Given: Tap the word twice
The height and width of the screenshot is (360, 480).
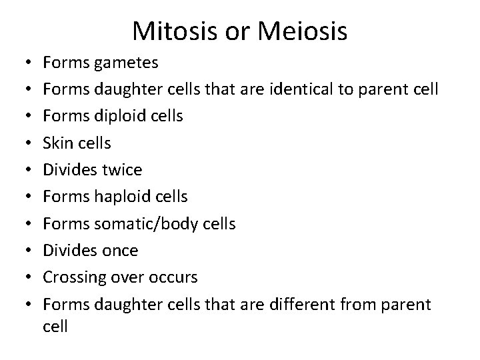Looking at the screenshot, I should click(x=121, y=169).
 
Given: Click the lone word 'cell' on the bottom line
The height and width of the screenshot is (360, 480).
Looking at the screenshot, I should click(x=55, y=327).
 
